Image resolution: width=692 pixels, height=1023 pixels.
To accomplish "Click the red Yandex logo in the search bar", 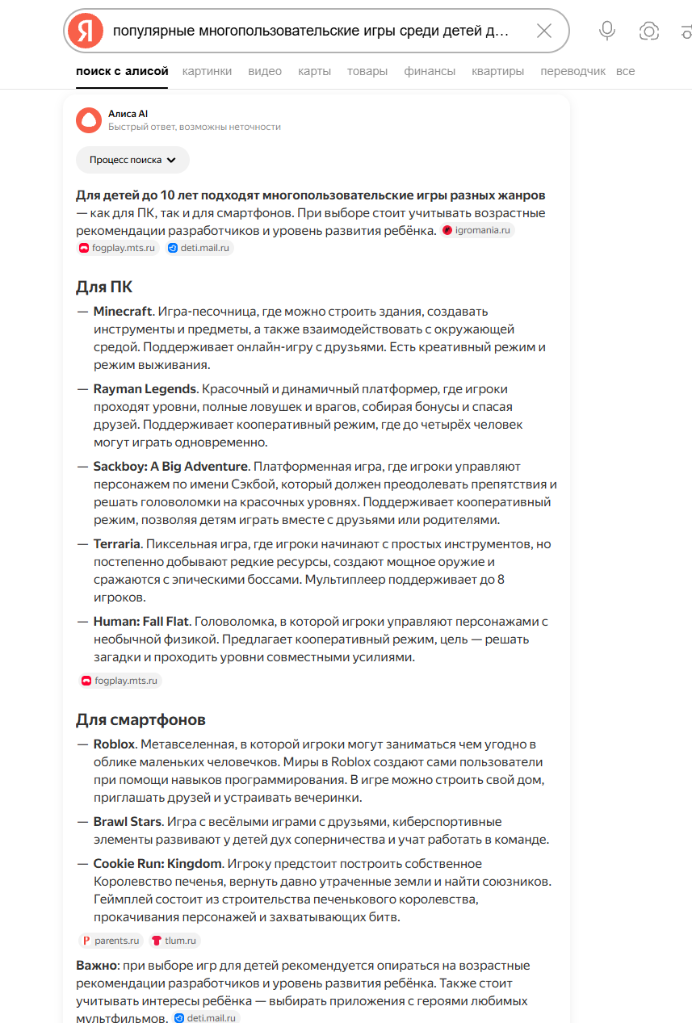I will tap(86, 31).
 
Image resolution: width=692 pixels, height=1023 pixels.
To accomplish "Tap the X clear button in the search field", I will tap(544, 31).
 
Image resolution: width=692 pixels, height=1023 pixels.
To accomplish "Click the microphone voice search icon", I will tap(607, 31).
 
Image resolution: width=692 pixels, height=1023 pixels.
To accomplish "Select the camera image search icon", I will tap(648, 31).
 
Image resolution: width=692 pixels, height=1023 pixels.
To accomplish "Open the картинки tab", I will tap(207, 71).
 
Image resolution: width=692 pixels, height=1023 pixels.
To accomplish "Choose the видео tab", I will tap(265, 71).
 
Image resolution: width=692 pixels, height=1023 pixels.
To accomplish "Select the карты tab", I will tap(314, 71).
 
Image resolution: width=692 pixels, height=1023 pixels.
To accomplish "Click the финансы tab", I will tap(430, 71).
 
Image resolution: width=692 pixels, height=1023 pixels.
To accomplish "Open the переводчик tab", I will tap(572, 71).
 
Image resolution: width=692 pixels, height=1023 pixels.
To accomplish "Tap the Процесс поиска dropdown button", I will tap(132, 160).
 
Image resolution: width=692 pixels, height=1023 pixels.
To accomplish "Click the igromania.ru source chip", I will tap(478, 230).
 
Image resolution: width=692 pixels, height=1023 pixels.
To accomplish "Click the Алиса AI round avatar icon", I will tap(89, 119).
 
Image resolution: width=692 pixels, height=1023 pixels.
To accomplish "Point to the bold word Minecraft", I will tap(123, 312).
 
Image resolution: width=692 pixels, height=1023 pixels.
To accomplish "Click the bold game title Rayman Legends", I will tap(145, 389).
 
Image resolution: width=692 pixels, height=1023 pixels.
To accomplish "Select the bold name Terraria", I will tap(117, 544).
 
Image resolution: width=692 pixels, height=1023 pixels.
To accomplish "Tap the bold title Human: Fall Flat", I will tap(141, 622).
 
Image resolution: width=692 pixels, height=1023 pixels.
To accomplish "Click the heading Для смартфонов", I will tap(140, 719).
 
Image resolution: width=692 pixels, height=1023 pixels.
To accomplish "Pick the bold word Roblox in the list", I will tap(114, 744).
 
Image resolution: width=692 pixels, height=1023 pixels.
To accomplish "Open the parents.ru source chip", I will tap(111, 941).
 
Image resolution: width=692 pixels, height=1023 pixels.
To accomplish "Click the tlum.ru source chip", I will tap(174, 941).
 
